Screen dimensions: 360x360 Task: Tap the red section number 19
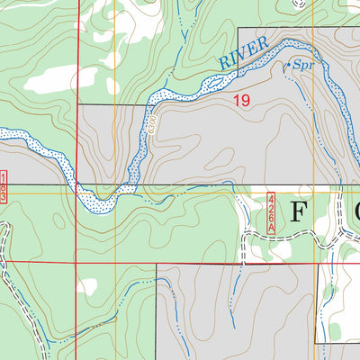point(241,101)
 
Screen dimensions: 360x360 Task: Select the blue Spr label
point(301,67)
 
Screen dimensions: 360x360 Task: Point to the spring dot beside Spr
point(287,65)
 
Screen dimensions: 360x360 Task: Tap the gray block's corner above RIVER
point(238,29)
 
